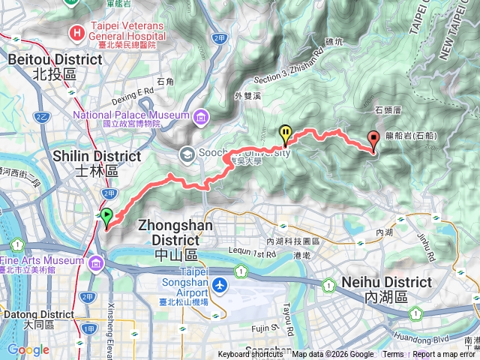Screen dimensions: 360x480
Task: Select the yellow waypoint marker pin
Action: click(286, 133)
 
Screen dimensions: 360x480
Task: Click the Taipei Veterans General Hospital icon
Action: click(76, 32)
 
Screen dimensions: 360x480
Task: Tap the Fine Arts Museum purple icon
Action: click(96, 264)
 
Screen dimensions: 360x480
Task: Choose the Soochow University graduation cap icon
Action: click(186, 154)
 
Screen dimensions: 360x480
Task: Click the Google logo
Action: click(28, 349)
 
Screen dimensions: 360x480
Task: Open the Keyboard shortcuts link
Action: click(250, 355)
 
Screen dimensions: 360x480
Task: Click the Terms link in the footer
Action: click(393, 355)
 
